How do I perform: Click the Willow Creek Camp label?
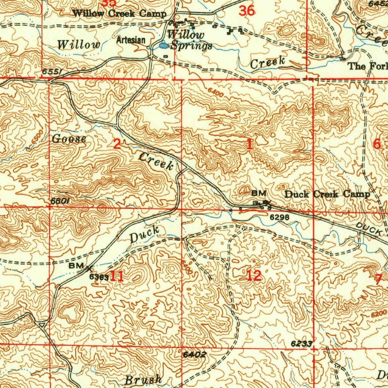tap(119, 14)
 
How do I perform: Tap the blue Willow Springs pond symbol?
tap(164, 46)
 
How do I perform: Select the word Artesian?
tap(131, 40)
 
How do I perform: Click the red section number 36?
tap(247, 11)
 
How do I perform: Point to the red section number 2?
tap(117, 144)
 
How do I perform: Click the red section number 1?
tap(249, 144)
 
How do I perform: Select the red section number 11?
tap(117, 276)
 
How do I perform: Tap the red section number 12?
tap(254, 275)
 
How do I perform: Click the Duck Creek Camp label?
tap(327, 194)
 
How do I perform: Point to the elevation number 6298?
tap(280, 217)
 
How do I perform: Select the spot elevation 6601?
tap(59, 201)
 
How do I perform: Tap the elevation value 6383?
tap(99, 277)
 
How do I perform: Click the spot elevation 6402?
tap(194, 355)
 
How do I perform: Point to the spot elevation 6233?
tap(302, 343)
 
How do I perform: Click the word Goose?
tap(69, 139)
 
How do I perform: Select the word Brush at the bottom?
tap(144, 379)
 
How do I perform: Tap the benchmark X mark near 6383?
tap(89, 269)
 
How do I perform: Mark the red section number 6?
tap(377, 144)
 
